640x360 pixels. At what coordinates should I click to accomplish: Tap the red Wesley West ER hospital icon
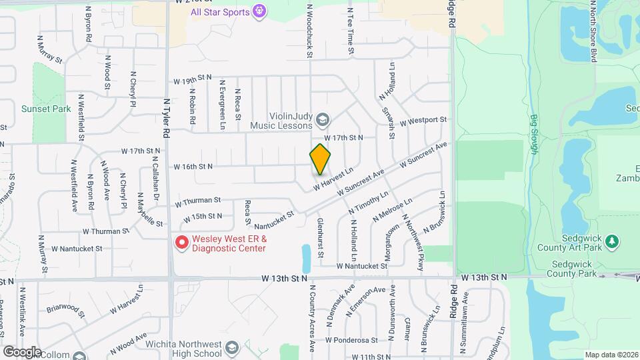click(180, 243)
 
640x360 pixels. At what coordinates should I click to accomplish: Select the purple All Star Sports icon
click(259, 11)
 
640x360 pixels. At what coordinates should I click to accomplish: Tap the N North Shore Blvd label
click(592, 32)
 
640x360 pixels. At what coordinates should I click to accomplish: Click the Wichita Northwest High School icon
click(231, 348)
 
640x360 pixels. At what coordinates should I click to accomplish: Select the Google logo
click(22, 351)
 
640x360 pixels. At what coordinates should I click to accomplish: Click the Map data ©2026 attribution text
click(611, 355)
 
